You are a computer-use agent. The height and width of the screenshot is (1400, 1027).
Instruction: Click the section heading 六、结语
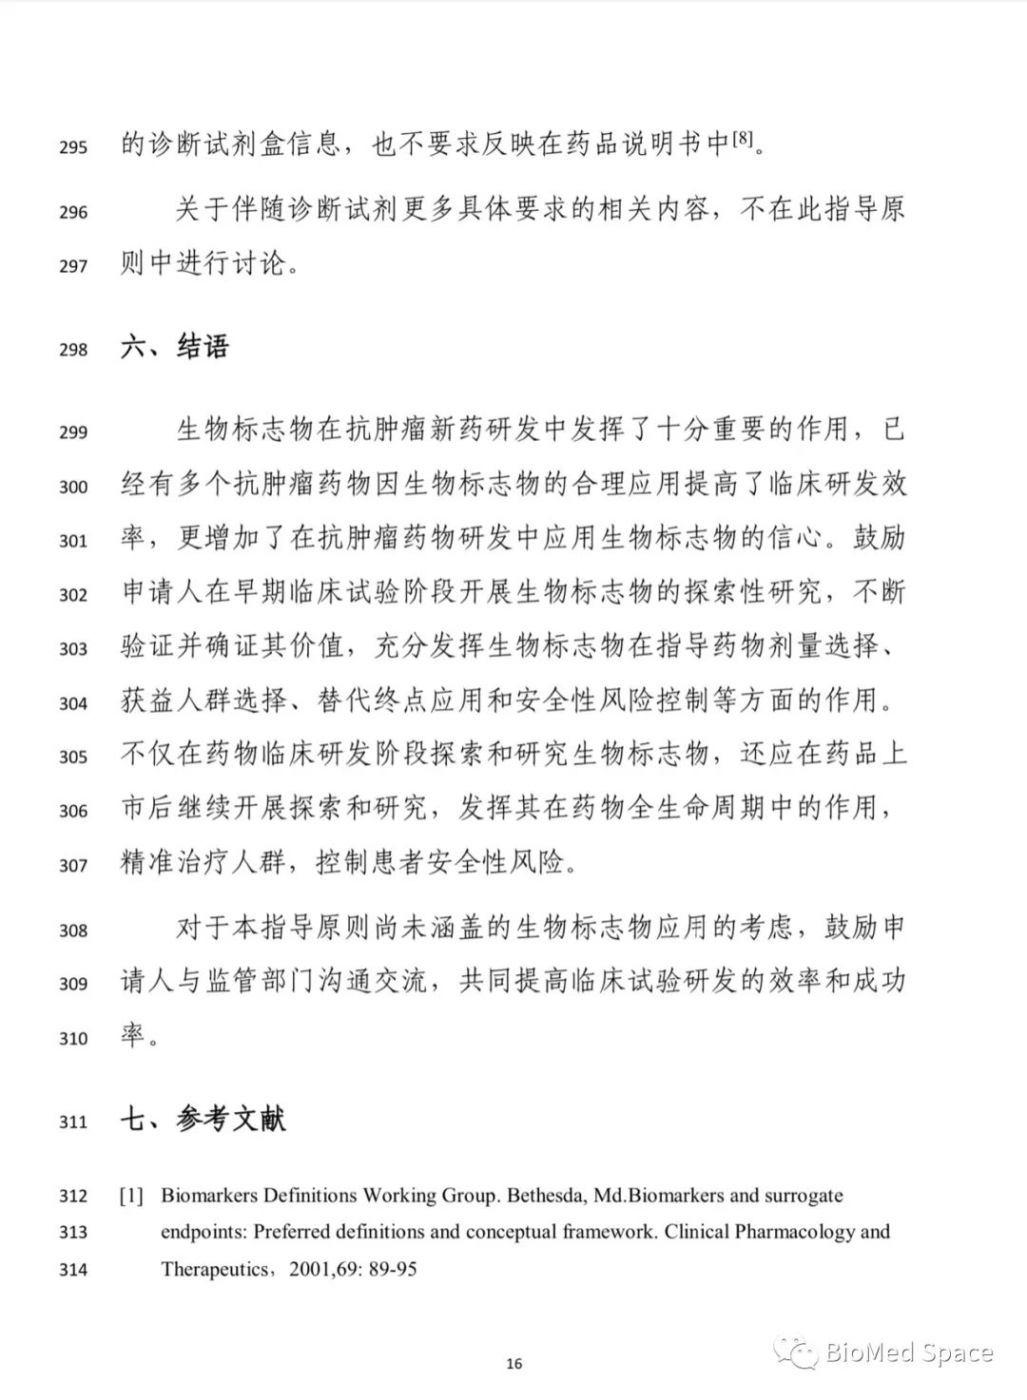coord(175,347)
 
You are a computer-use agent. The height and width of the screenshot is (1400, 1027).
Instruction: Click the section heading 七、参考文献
coord(203,1119)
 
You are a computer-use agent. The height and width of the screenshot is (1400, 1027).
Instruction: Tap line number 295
coord(73,147)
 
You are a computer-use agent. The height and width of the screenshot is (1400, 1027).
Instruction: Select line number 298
coord(73,350)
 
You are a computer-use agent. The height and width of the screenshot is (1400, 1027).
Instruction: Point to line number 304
coord(73,703)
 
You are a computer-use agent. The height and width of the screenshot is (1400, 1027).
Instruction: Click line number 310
coord(73,1038)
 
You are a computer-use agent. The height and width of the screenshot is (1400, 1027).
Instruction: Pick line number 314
coord(73,1269)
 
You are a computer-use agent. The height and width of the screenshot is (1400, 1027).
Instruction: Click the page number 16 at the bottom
coord(513,1364)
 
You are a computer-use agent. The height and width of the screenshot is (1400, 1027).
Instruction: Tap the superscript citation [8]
coord(743,141)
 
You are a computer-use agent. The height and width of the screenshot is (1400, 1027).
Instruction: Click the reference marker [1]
coord(131,1196)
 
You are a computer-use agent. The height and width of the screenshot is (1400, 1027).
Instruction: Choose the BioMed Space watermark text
coord(909,1352)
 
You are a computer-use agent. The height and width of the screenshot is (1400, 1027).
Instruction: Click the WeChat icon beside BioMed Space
coord(794,1351)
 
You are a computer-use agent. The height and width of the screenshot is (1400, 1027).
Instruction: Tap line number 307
coord(73,865)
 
